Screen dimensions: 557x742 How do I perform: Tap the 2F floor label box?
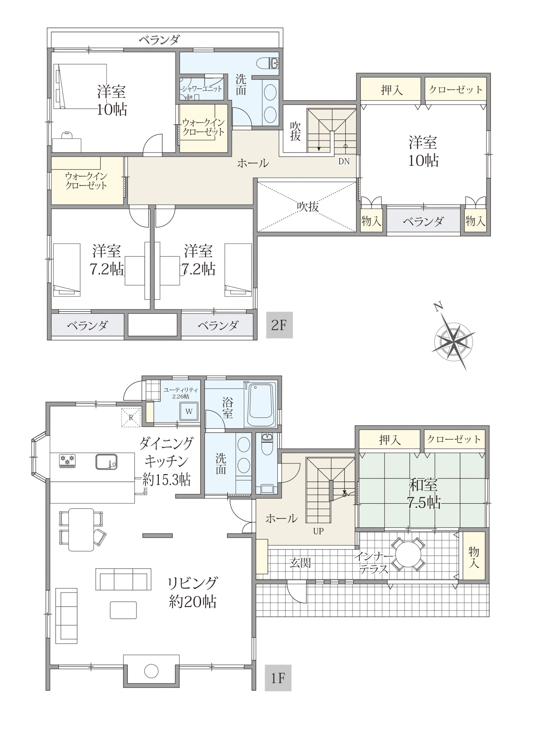coord(279,325)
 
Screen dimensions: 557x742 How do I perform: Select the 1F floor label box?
coord(278,678)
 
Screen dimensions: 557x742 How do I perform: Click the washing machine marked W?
coord(189,411)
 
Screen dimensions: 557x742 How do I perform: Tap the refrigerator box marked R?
coord(131,418)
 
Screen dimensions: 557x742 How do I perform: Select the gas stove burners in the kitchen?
coord(67,461)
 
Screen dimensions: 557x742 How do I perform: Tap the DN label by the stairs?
coord(344,161)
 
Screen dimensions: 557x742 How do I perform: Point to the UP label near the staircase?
coord(318,531)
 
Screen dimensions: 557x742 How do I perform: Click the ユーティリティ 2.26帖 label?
coord(181,393)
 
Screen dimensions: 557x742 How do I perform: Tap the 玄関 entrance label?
coord(300,563)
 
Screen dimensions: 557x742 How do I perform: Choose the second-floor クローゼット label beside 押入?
coord(455,90)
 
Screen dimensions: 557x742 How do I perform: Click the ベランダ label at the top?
coord(160,40)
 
